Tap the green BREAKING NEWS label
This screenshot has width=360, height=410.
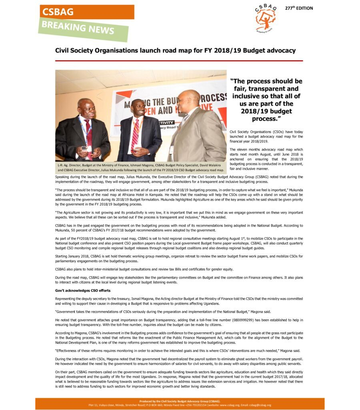point(84,29)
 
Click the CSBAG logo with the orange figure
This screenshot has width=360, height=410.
point(265,18)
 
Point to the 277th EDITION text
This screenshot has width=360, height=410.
point(299,8)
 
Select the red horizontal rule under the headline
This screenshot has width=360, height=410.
point(179,60)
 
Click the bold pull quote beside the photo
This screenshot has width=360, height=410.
point(266,100)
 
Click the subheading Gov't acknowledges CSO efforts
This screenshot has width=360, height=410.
point(82,290)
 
